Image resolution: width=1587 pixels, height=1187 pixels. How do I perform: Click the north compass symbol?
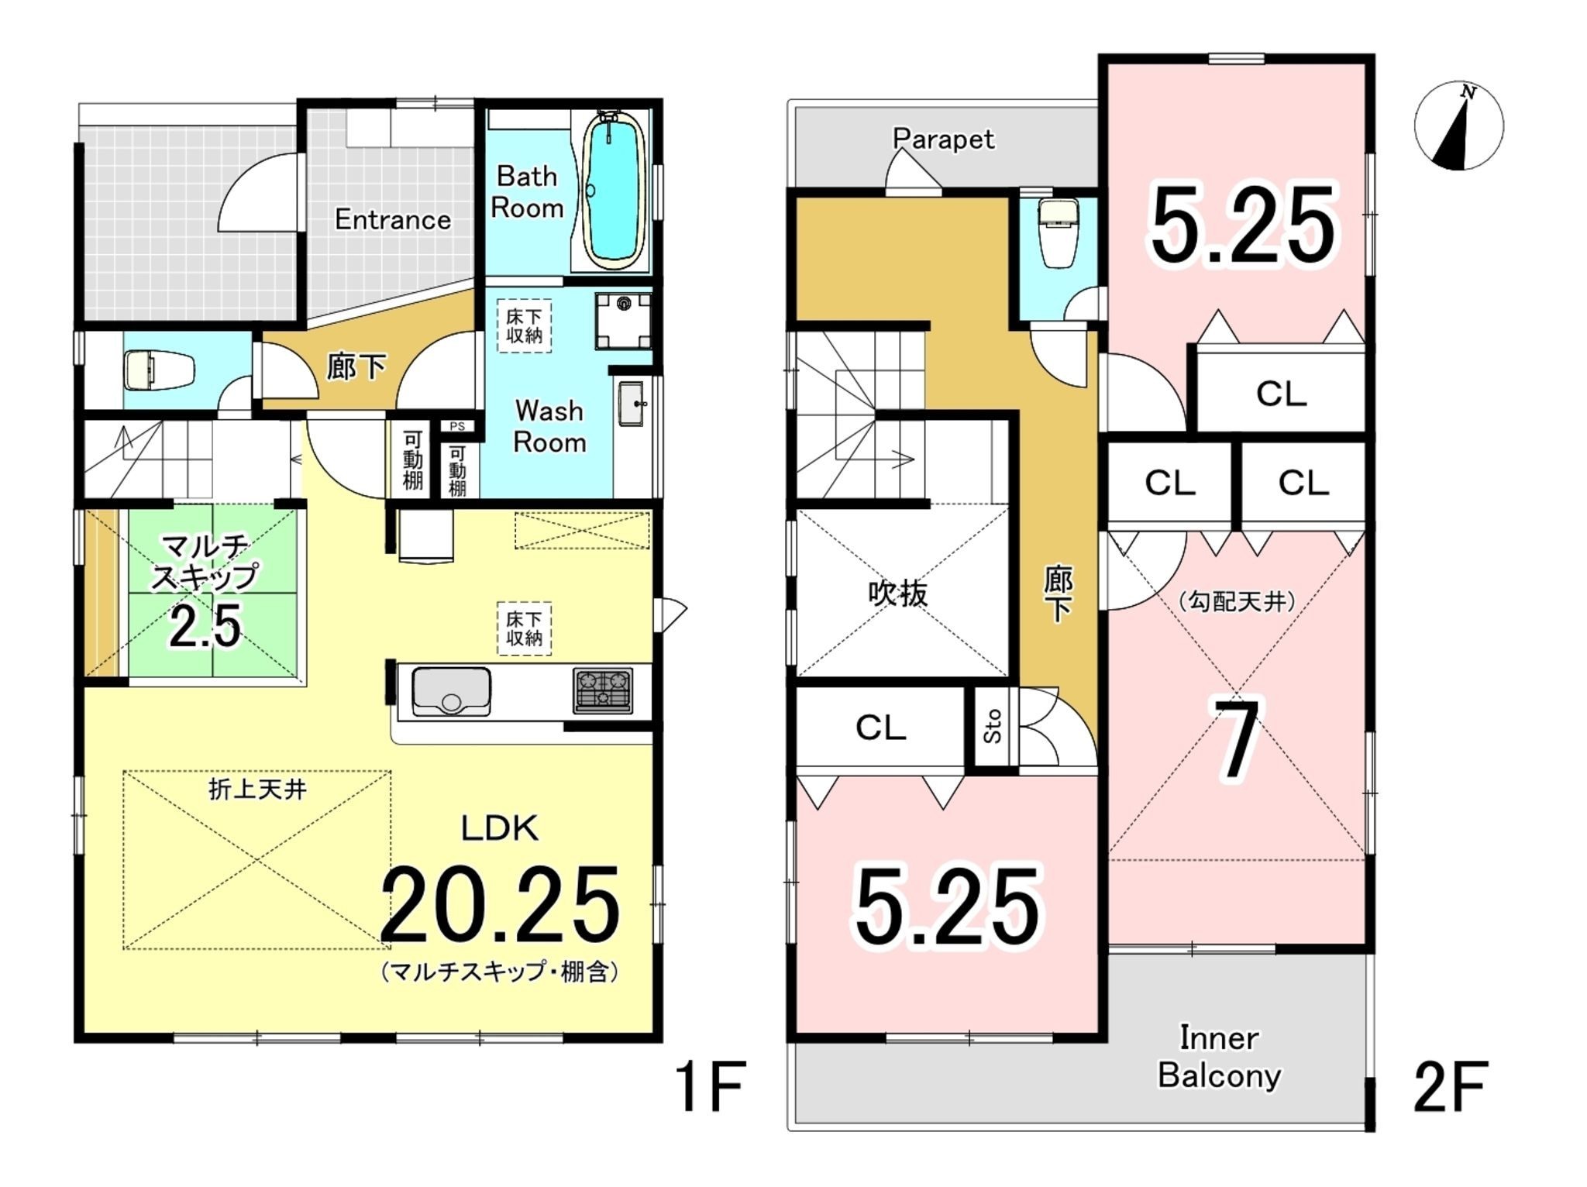click(1459, 126)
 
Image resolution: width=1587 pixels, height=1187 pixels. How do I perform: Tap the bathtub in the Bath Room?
click(612, 191)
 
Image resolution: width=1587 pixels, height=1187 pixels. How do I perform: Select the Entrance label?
click(393, 220)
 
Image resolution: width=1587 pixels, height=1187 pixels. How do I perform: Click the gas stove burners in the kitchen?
click(603, 690)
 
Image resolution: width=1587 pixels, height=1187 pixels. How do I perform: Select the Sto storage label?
click(992, 727)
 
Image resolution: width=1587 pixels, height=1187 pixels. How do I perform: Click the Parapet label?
click(944, 139)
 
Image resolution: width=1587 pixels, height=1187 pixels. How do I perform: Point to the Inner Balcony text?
click(1220, 1057)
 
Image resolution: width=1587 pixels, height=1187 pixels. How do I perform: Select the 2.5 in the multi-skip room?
click(205, 626)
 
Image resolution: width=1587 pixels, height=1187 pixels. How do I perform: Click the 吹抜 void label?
click(897, 594)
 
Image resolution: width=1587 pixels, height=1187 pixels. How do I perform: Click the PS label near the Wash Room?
click(457, 426)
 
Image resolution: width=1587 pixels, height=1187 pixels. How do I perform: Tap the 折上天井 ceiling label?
click(258, 790)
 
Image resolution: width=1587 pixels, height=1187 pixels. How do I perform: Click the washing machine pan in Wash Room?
click(623, 320)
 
